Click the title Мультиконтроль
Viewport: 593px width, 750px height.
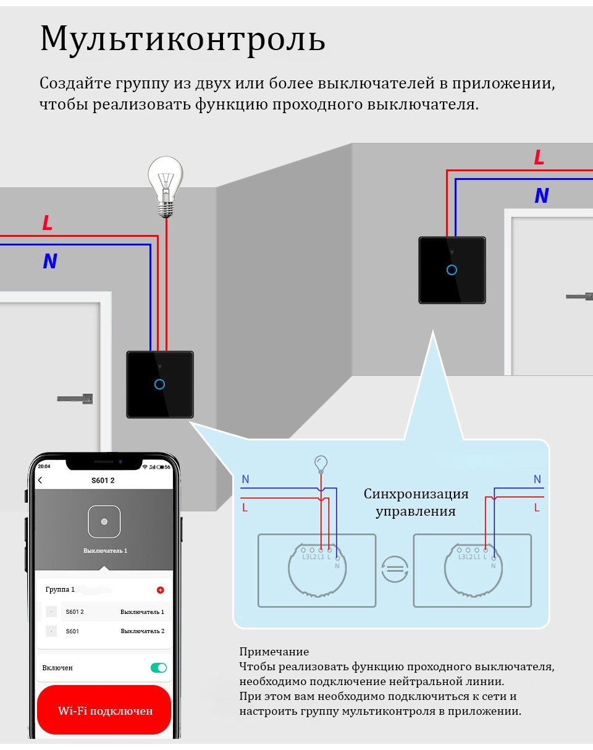click(182, 40)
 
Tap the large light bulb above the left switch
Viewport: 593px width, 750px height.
click(166, 187)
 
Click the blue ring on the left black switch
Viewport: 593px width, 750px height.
click(159, 385)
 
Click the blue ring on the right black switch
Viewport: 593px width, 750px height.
click(452, 270)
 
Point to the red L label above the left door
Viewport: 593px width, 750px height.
click(48, 223)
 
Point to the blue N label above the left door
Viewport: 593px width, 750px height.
click(50, 261)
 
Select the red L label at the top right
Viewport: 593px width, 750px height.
click(539, 157)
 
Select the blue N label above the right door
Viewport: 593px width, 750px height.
click(542, 195)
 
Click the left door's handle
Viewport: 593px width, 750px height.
click(75, 398)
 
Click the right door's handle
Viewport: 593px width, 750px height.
click(579, 297)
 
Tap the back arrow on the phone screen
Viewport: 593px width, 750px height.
click(40, 480)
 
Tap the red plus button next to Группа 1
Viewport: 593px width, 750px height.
click(160, 590)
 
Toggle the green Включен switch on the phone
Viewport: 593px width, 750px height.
click(158, 667)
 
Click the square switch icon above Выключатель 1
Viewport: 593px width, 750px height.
click(104, 521)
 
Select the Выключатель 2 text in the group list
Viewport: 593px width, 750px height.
click(143, 631)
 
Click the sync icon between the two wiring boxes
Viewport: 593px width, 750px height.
click(395, 569)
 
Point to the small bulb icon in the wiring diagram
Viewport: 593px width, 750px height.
click(321, 464)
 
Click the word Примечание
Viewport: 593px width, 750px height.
click(274, 651)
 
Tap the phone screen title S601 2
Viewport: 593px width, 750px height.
click(103, 480)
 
